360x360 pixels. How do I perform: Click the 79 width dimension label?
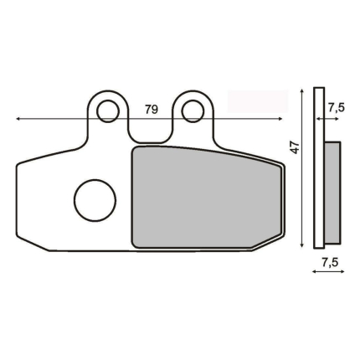point(152,110)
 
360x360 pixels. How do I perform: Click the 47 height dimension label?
point(295,147)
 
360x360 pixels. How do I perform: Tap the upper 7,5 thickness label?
point(336,107)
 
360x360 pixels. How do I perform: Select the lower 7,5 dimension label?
point(330,262)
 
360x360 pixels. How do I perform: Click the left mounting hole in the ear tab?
point(108,111)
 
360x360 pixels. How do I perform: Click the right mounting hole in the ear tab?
point(193,111)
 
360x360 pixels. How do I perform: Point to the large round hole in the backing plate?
point(95,200)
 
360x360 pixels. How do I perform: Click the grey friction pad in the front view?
point(207,198)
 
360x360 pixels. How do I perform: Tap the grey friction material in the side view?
point(332,193)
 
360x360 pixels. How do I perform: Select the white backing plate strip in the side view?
point(319,167)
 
